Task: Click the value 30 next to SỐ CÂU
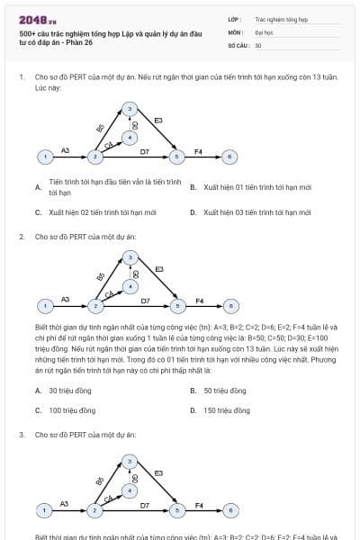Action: pyautogui.click(x=258, y=44)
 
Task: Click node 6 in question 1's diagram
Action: pyautogui.click(x=230, y=157)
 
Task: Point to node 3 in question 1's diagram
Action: pyautogui.click(x=130, y=110)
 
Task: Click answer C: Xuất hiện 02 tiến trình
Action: pyautogui.click(x=95, y=212)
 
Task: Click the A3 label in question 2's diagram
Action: pyautogui.click(x=65, y=298)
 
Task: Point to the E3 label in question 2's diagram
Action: pyautogui.click(x=159, y=268)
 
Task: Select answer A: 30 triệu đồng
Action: pyautogui.click(x=65, y=391)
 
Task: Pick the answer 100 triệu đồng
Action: pyautogui.click(x=72, y=410)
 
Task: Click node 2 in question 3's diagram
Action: pyautogui.click(x=94, y=510)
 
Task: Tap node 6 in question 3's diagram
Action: pyautogui.click(x=230, y=510)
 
